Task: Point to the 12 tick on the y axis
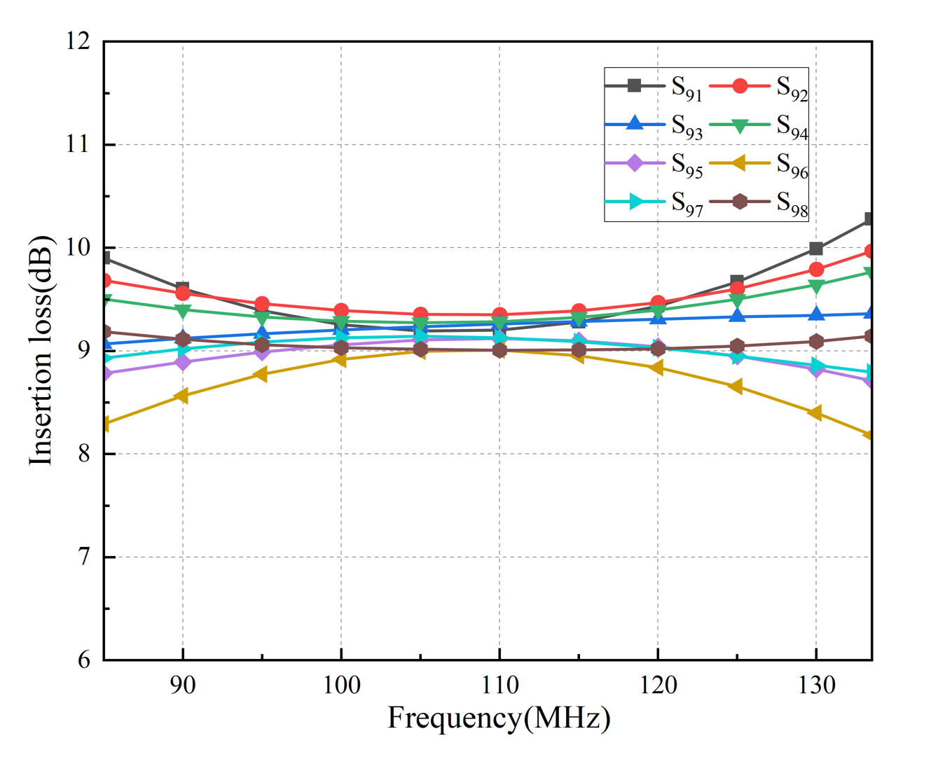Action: [78, 41]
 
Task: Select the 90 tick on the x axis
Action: [183, 684]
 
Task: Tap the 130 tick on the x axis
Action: [816, 684]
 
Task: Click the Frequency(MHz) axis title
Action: [499, 718]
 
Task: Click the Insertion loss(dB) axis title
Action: [41, 350]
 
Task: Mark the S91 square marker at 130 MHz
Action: [816, 249]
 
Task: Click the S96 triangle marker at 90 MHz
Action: [182, 396]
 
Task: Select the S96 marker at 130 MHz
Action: [815, 413]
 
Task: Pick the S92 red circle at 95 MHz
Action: [262, 304]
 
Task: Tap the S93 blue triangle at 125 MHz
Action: [737, 316]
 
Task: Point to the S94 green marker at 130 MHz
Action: [816, 286]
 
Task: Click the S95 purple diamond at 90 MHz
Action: [183, 362]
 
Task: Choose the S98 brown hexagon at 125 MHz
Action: [737, 346]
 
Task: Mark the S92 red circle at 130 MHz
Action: [816, 269]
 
